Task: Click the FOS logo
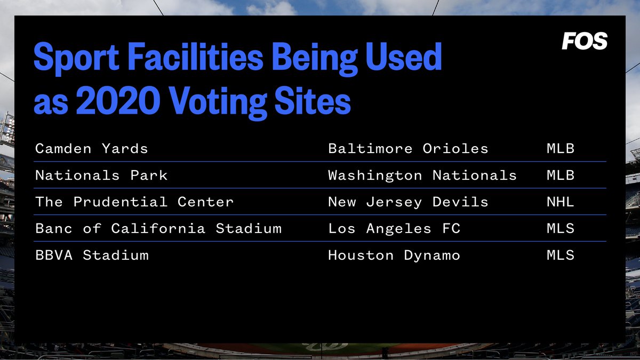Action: (584, 41)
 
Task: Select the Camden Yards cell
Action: (91, 148)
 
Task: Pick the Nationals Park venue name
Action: (101, 175)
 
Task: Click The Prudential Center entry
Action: (134, 202)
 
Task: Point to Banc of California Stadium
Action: (158, 229)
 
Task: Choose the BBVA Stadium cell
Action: (92, 255)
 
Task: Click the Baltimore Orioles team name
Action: (408, 148)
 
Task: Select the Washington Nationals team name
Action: (422, 175)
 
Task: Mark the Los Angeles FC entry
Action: (394, 229)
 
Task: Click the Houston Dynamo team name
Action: (394, 255)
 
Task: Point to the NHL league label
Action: (560, 202)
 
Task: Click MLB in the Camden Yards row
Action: (560, 148)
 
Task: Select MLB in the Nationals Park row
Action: (560, 175)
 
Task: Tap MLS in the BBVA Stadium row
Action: (560, 255)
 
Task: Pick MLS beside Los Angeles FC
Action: (560, 229)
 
